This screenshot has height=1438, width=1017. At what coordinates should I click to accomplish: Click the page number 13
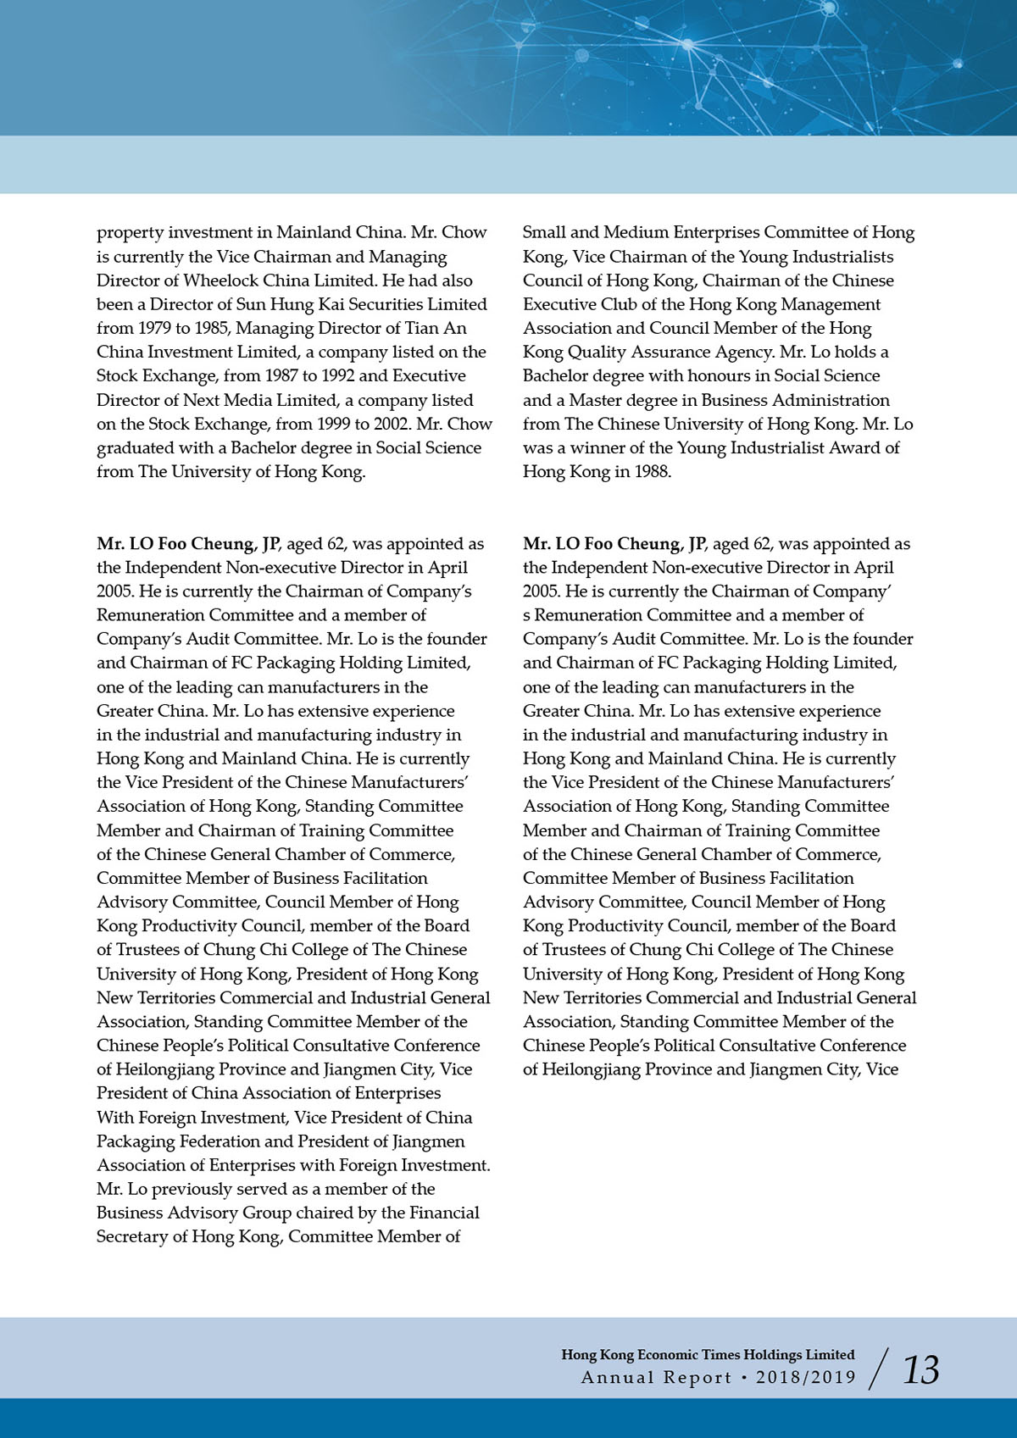920,1370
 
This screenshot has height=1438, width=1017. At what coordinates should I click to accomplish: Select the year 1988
652,472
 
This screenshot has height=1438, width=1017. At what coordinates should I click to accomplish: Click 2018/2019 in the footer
806,1377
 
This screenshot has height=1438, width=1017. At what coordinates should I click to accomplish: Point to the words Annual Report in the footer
656,1377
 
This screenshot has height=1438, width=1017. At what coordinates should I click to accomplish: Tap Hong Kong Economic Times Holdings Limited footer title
708,1354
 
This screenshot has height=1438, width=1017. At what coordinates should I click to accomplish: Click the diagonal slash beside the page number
881,1369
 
